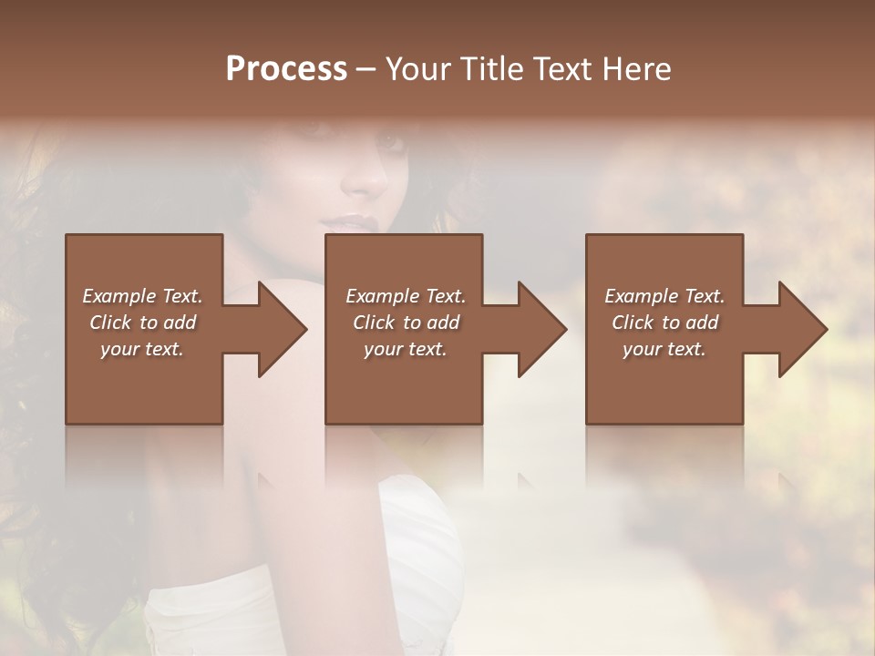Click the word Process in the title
(286, 69)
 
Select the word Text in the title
(562, 69)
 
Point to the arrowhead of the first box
(283, 329)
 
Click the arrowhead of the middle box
(542, 329)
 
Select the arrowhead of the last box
(803, 329)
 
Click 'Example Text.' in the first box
(142, 296)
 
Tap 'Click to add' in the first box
(142, 323)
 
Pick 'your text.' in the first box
(142, 349)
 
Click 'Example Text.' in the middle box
(406, 296)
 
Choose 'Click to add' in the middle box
(406, 323)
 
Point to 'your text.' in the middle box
(406, 349)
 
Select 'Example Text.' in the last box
(664, 296)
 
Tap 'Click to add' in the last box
(664, 323)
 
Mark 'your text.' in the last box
(664, 349)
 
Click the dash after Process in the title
(366, 69)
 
